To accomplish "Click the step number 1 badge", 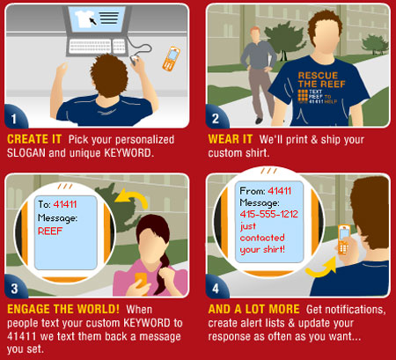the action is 15,118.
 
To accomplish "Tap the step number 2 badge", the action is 216,118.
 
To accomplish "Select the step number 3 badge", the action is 15,288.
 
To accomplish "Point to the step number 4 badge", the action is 216,288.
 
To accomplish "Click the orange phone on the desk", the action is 172,59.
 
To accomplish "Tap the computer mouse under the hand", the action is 134,60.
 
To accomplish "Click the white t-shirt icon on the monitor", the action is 85,18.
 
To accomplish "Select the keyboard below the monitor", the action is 97,47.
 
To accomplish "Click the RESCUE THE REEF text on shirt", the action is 321,80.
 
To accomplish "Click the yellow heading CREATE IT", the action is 34,139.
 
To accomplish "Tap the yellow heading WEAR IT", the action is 231,139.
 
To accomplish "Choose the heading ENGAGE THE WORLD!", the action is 63,309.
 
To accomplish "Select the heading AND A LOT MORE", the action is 254,309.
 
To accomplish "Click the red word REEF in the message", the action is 50,231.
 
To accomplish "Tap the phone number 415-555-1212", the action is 268,214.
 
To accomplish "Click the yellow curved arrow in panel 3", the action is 133,196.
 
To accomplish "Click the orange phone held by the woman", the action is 141,281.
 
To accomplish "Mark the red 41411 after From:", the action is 279,191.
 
